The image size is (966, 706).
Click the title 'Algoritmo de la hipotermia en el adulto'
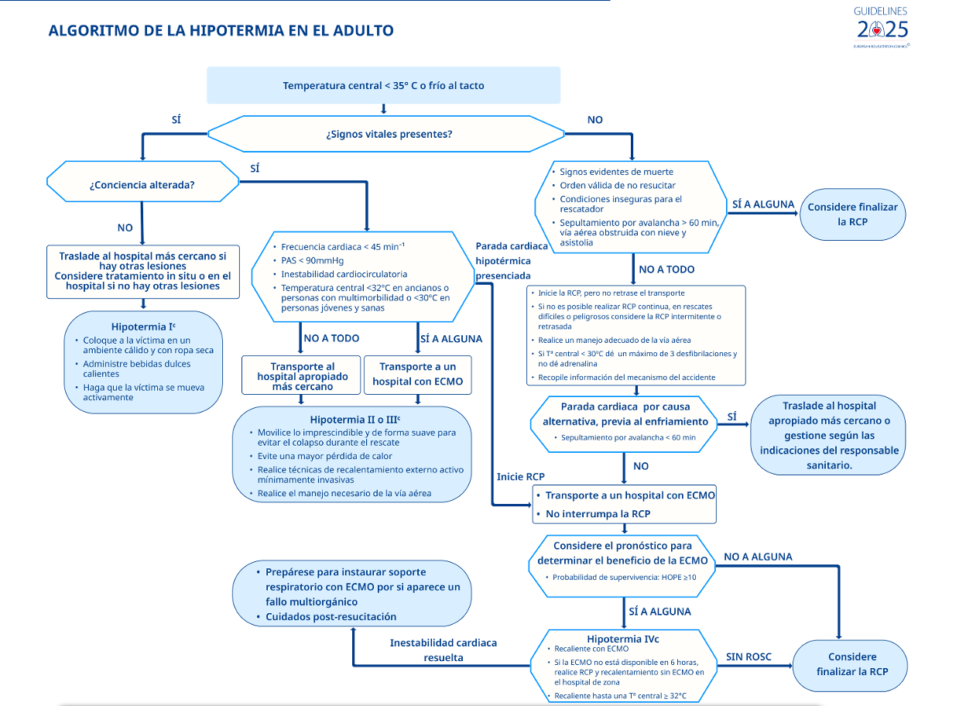[221, 31]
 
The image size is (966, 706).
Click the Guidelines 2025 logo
[882, 27]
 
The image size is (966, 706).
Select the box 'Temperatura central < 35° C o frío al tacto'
[383, 85]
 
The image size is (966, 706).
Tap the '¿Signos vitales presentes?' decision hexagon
[389, 134]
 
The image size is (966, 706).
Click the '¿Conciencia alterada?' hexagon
[142, 185]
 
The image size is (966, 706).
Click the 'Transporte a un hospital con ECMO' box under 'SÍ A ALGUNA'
[417, 374]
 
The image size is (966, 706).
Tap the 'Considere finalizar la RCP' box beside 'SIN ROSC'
[851, 664]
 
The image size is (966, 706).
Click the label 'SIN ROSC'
[748, 657]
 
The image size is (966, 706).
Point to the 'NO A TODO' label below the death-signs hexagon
[666, 269]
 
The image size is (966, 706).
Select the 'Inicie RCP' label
[521, 477]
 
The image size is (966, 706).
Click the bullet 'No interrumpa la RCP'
[598, 514]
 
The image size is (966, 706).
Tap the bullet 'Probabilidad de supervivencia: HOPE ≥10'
[624, 577]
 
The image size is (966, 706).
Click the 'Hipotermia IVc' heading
[623, 639]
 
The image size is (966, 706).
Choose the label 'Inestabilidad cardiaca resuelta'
[444, 650]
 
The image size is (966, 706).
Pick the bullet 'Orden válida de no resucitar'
[617, 185]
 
